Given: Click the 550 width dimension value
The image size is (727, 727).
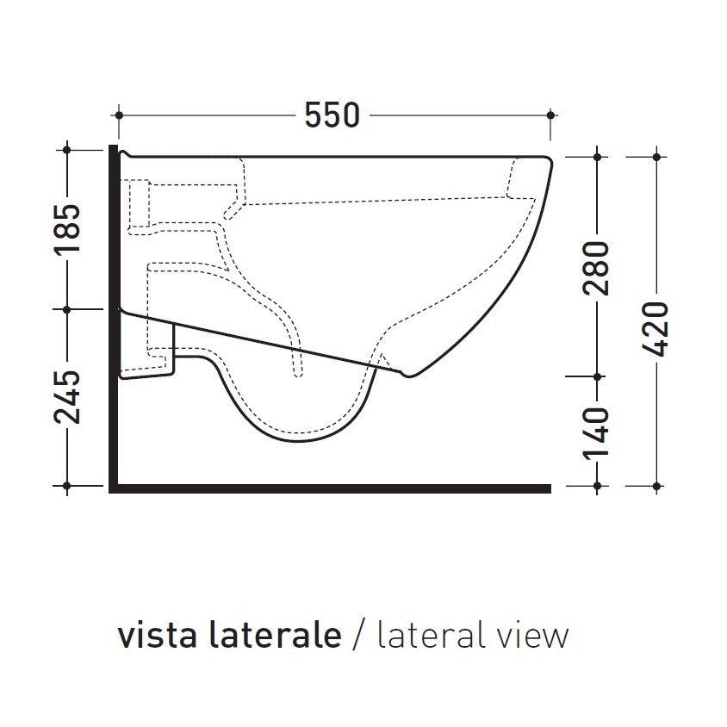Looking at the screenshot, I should pyautogui.click(x=332, y=115).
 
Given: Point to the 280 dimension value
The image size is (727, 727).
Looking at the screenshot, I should pyautogui.click(x=596, y=268).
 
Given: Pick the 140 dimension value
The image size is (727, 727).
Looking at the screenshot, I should pyautogui.click(x=596, y=432).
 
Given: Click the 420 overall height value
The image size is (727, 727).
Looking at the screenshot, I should pyautogui.click(x=656, y=328).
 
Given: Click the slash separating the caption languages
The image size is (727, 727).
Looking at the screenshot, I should pyautogui.click(x=358, y=637).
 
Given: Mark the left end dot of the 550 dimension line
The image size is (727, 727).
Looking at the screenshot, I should pyautogui.click(x=120, y=115).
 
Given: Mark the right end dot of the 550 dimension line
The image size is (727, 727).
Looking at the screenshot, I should pyautogui.click(x=550, y=115).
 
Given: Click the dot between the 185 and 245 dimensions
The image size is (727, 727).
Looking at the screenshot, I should pyautogui.click(x=68, y=308).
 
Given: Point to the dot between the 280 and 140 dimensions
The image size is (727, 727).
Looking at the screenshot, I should pyautogui.click(x=596, y=376).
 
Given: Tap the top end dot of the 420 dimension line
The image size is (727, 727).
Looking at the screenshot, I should pyautogui.click(x=656, y=156).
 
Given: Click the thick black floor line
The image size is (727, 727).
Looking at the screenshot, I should pyautogui.click(x=332, y=489).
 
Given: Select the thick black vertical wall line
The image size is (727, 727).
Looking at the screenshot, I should pyautogui.click(x=112, y=319).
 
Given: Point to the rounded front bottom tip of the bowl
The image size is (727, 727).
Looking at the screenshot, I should pyautogui.click(x=411, y=375).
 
